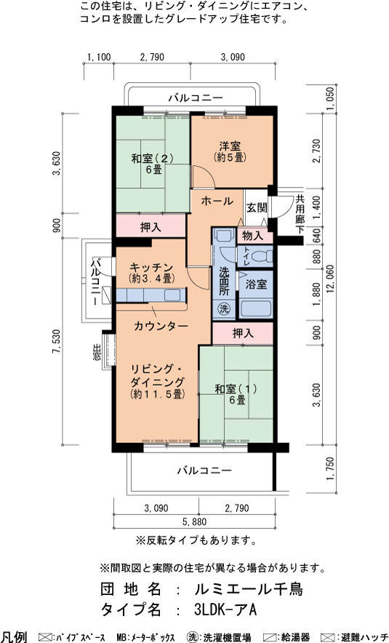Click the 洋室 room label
(x=230, y=146)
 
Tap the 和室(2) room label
(x=153, y=159)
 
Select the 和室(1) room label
(x=236, y=388)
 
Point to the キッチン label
(x=152, y=268)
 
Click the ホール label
(x=217, y=201)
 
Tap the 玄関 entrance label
(x=257, y=208)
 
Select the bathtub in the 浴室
(x=255, y=308)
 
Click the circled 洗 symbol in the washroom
(x=224, y=309)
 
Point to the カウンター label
(x=161, y=326)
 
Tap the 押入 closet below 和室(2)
(x=151, y=227)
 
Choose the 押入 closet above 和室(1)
(x=243, y=333)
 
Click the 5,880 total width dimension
(x=195, y=522)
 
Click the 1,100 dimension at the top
(x=99, y=57)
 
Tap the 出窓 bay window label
(x=97, y=352)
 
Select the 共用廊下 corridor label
(x=300, y=214)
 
